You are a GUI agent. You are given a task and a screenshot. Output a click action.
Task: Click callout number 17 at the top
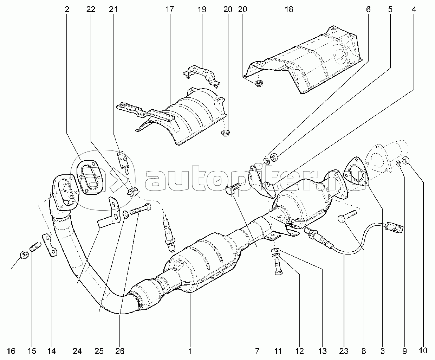(x=170, y=9)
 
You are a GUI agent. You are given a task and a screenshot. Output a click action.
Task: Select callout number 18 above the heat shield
(x=289, y=9)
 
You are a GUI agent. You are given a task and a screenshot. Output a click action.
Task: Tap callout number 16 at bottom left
(x=11, y=351)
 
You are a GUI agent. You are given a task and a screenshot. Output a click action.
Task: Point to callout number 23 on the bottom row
(x=344, y=351)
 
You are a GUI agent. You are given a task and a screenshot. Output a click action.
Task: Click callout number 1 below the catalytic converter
(x=190, y=351)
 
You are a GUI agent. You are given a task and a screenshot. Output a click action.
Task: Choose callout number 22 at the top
(x=91, y=9)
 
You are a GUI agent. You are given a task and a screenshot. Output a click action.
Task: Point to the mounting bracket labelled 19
(x=202, y=76)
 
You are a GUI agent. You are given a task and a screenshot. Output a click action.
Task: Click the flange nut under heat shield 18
(x=259, y=83)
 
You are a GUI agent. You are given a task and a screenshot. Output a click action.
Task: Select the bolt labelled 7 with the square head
(x=233, y=188)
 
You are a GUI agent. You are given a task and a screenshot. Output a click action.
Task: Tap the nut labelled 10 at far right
(x=405, y=161)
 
